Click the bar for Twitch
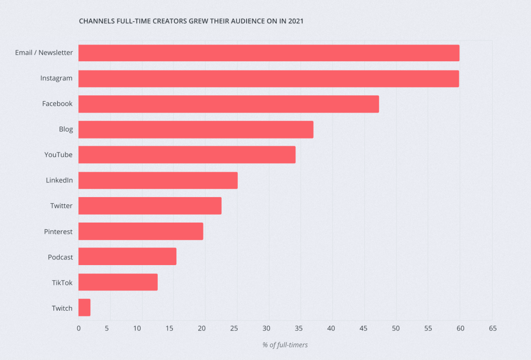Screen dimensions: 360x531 (x=85, y=308)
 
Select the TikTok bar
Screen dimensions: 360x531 (x=118, y=282)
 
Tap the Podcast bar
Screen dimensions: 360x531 (x=127, y=257)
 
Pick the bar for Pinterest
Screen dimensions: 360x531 (x=141, y=231)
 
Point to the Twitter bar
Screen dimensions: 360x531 (x=150, y=206)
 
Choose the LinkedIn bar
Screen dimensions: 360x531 (x=158, y=181)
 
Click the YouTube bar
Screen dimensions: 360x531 (x=187, y=155)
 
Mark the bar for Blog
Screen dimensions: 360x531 (x=196, y=129)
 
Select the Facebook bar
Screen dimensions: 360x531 (x=228, y=104)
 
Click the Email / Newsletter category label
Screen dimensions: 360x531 (x=44, y=52)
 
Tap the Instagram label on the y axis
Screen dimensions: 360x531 (x=57, y=78)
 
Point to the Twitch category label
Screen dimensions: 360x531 (x=62, y=308)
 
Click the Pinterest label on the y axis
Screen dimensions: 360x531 (x=58, y=231)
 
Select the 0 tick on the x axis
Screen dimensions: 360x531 (x=78, y=328)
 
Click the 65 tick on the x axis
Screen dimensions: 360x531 (x=493, y=328)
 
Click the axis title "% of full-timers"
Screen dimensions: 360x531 (x=285, y=345)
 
